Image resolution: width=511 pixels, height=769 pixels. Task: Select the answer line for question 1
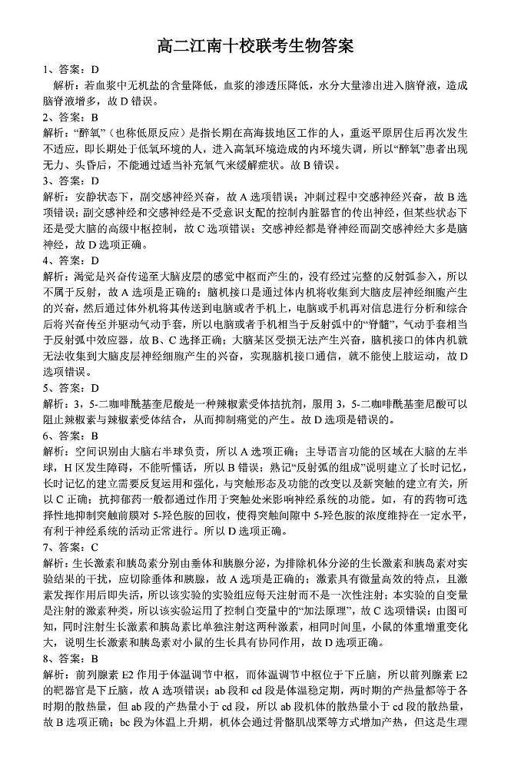pyautogui.click(x=71, y=70)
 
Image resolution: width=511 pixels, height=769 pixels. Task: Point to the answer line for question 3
pyautogui.click(x=71, y=181)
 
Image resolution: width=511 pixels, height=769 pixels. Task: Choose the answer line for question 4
pyautogui.click(x=71, y=260)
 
